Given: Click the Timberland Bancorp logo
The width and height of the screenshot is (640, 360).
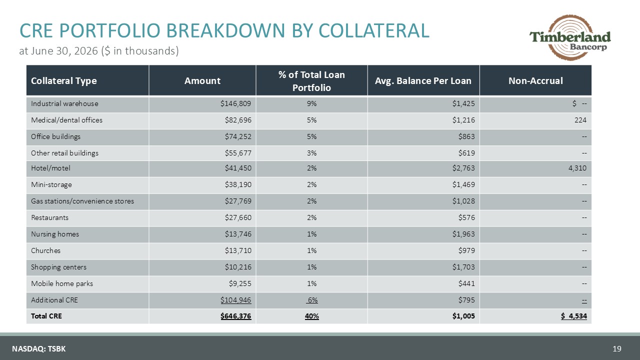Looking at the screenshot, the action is (570, 37).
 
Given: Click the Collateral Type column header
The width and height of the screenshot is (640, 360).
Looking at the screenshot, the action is (63, 81).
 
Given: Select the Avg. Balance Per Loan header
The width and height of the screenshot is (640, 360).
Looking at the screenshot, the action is (423, 81).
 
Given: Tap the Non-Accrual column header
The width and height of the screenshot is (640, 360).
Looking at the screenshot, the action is (535, 81).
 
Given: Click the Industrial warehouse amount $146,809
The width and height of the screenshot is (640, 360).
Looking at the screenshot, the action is (235, 103).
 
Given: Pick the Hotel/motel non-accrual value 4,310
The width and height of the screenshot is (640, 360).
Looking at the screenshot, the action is (577, 168).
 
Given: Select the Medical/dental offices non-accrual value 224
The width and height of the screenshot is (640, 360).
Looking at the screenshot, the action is (580, 120).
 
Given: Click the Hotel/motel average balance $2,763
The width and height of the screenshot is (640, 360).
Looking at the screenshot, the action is (463, 168).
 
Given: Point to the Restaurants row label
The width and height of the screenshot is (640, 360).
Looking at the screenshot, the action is (49, 217).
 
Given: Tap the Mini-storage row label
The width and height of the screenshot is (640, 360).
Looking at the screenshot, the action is (51, 185).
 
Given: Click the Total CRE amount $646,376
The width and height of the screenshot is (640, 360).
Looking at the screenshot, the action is (235, 316).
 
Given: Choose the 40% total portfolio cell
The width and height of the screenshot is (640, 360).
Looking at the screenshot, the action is (311, 316).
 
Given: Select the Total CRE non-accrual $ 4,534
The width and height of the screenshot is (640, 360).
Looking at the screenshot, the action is (573, 316).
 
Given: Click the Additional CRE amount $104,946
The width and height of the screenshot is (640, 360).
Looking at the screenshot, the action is (235, 300).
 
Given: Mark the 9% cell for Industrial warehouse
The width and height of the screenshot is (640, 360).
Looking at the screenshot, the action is (311, 103).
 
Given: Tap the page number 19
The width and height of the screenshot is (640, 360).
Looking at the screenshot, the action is (617, 348).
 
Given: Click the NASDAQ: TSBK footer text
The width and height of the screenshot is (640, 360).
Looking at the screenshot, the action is (39, 349).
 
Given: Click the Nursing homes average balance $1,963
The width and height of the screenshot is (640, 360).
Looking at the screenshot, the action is (463, 234).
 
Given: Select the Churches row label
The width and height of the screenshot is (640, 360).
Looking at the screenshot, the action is (45, 250).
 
